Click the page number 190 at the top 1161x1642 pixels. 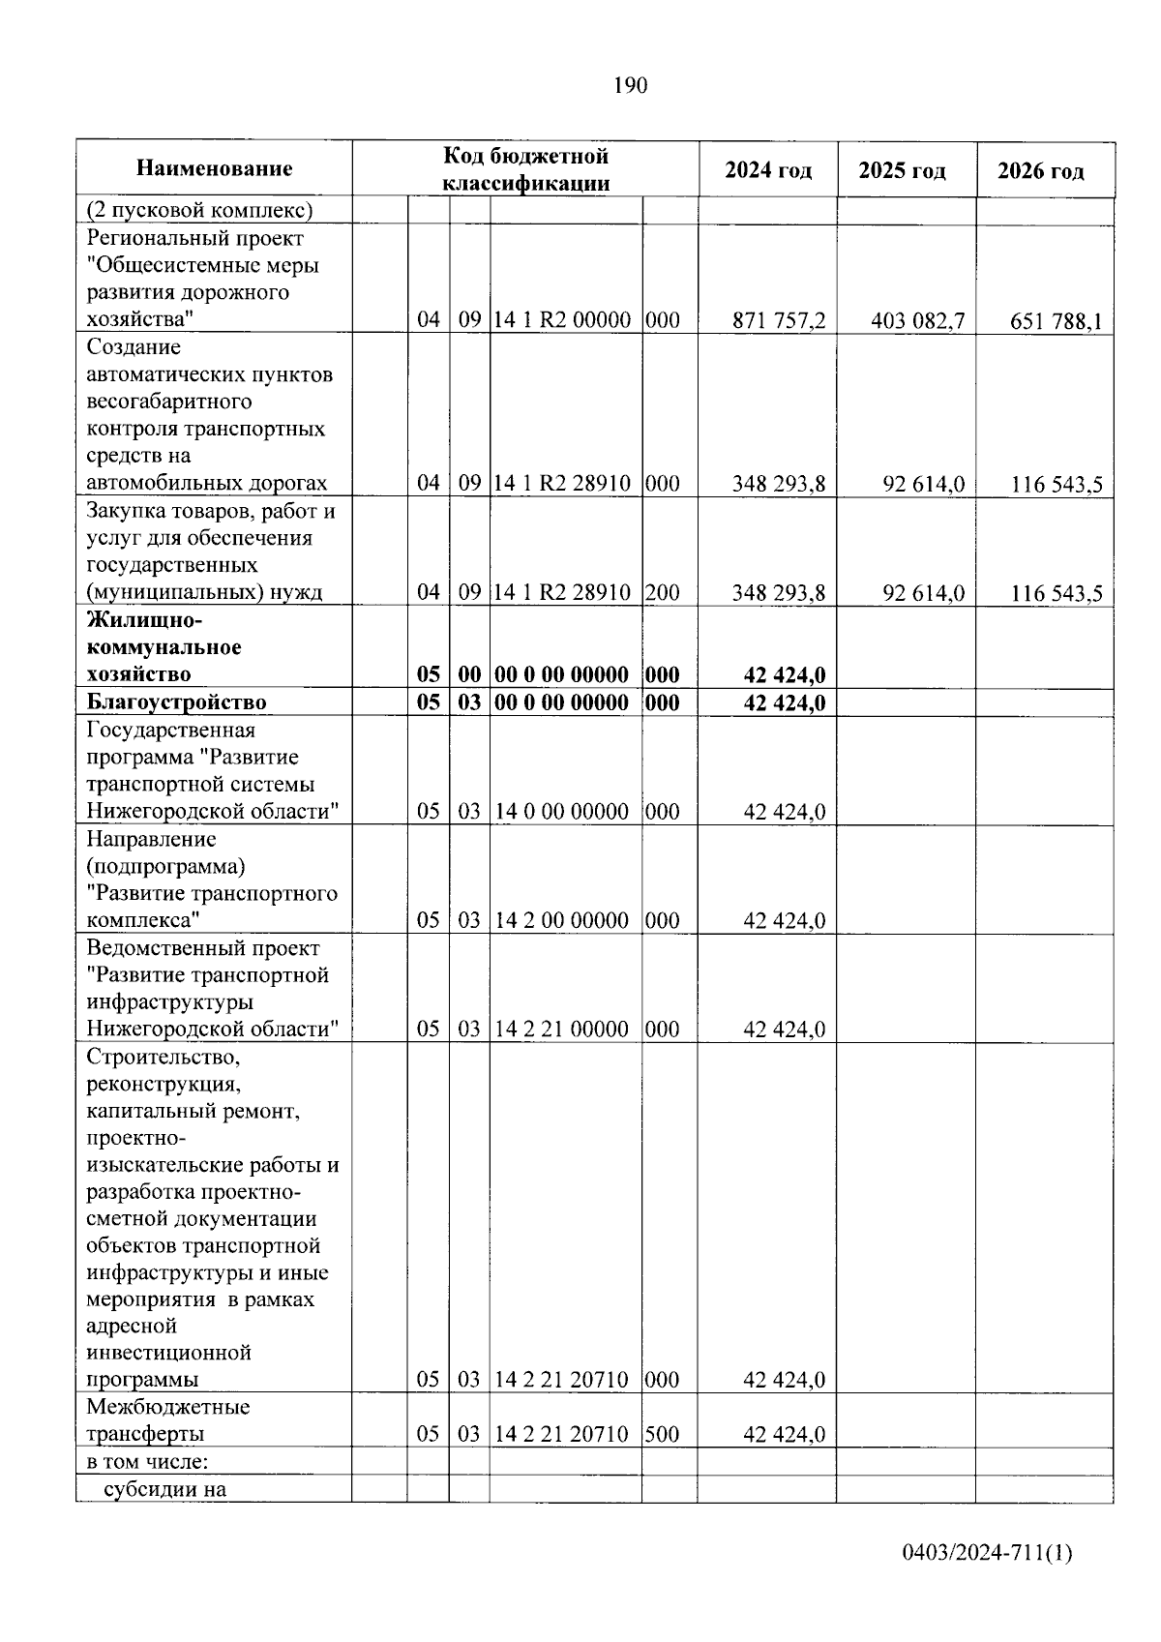pyautogui.click(x=630, y=86)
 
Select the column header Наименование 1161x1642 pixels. pyautogui.click(x=214, y=169)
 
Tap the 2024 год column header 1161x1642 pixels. pyautogui.click(x=768, y=171)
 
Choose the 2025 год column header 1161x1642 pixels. pyautogui.click(x=902, y=171)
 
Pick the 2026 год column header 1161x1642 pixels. pyautogui.click(x=1041, y=172)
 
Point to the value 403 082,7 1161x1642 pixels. pyautogui.click(x=917, y=321)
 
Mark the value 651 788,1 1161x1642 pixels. pyautogui.click(x=1056, y=321)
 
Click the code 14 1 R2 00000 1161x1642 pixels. pyautogui.click(x=562, y=320)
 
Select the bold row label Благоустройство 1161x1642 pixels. pyautogui.click(x=176, y=702)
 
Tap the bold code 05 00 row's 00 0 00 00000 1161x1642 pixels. pyautogui.click(x=561, y=674)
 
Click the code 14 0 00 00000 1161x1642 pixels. pyautogui.click(x=561, y=812)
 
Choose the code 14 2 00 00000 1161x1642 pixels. pyautogui.click(x=561, y=920)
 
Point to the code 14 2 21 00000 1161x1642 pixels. pyautogui.click(x=561, y=1030)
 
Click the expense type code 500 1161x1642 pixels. pyautogui.click(x=662, y=1434)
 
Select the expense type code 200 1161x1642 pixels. pyautogui.click(x=662, y=593)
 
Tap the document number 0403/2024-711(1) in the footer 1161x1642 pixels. pyautogui.click(x=987, y=1554)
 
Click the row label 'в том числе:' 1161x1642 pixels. pyautogui.click(x=147, y=1461)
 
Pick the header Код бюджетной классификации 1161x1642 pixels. pyautogui.click(x=525, y=169)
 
